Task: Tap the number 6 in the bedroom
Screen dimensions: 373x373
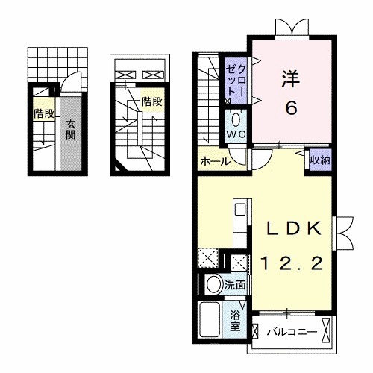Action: (291, 107)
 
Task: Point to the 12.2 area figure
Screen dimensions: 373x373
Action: (292, 263)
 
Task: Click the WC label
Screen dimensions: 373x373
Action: (236, 134)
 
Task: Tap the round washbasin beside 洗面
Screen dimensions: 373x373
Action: (213, 285)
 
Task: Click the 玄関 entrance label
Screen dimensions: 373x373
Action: (69, 130)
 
